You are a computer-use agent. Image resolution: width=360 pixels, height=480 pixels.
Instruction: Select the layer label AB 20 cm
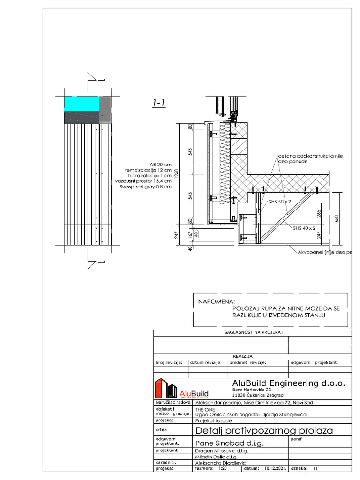coord(161,165)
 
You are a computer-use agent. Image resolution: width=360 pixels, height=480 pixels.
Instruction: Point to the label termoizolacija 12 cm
coord(148,170)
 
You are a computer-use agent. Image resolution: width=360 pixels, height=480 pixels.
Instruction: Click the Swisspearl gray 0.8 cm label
coord(146,187)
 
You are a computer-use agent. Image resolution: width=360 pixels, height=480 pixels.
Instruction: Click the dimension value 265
coord(319,214)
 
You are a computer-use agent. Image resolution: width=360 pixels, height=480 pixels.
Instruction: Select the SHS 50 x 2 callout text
coord(280,201)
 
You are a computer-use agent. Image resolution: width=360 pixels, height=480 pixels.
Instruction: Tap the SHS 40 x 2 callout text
coord(304,228)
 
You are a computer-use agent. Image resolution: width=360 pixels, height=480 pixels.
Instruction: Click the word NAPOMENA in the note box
coord(217,302)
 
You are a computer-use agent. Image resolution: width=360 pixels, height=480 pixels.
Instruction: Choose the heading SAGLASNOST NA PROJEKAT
coord(252,332)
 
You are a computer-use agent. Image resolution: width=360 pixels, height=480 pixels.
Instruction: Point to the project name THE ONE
coord(205,408)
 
